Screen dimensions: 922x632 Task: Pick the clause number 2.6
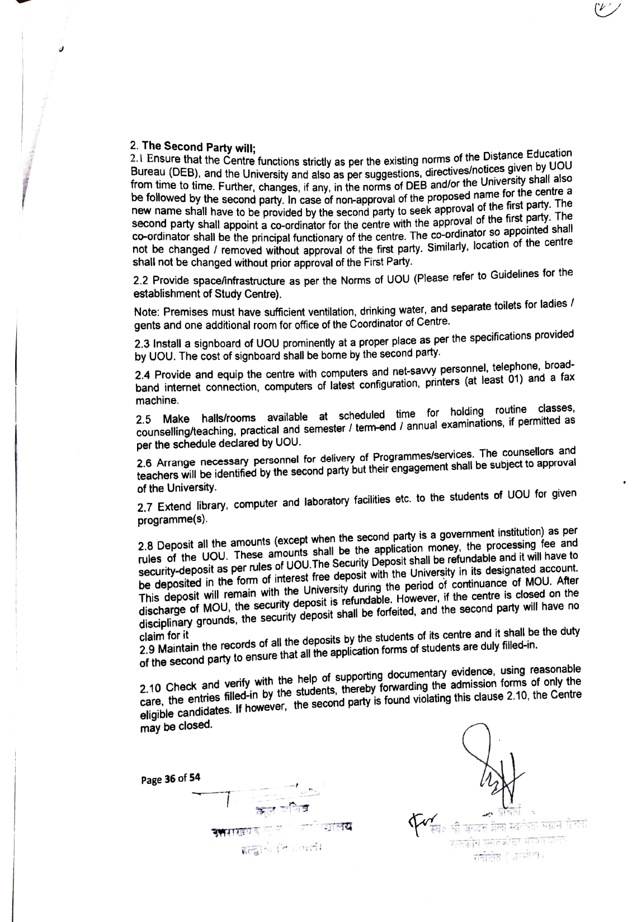tap(144, 464)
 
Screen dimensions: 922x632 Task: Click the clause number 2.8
tap(145, 545)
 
